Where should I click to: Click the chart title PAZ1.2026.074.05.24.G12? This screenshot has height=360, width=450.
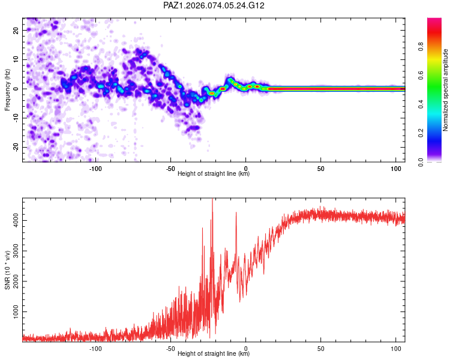(x=214, y=5)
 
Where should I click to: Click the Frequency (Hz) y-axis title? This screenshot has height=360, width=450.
(x=7, y=89)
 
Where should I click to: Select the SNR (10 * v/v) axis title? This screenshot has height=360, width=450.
(x=7, y=268)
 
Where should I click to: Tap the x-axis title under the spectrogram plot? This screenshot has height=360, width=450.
(x=214, y=174)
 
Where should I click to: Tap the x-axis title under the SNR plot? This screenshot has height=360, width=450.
(x=214, y=354)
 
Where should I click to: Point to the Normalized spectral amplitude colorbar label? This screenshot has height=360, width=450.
(x=445, y=90)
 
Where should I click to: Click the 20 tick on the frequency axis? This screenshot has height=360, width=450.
(x=16, y=30)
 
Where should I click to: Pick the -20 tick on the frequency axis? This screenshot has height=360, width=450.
(x=14, y=147)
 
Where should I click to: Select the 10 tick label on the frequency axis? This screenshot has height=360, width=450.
(x=16, y=59)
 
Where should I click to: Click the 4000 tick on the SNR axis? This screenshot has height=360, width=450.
(x=12, y=221)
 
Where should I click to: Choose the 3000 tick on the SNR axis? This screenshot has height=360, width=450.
(x=12, y=251)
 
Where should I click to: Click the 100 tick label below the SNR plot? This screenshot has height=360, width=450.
(x=395, y=348)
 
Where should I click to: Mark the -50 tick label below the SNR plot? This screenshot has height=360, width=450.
(x=170, y=348)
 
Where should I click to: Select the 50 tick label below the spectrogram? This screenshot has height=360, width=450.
(x=320, y=168)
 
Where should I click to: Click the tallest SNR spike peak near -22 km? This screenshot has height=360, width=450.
(x=212, y=200)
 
